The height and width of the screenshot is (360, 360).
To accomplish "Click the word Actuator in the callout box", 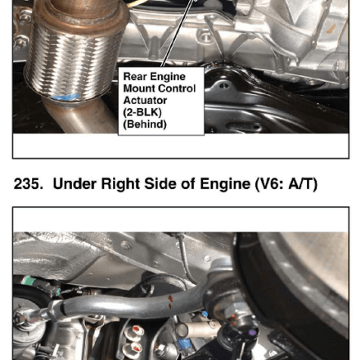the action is tap(145, 101).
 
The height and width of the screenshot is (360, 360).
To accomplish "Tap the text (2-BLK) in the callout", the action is tap(142, 112).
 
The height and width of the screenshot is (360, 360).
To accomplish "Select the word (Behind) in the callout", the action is tap(145, 124).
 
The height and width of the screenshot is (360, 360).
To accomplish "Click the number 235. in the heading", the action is tap(29, 183).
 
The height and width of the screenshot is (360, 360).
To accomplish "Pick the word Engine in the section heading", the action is tap(225, 184).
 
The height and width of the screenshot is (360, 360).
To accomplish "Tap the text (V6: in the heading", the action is tap(269, 184).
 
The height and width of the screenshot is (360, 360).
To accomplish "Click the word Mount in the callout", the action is tap(139, 88).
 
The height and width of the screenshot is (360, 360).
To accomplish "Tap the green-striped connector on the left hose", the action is tap(27, 281).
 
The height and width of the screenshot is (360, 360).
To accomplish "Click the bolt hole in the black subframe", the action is tap(224, 86).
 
